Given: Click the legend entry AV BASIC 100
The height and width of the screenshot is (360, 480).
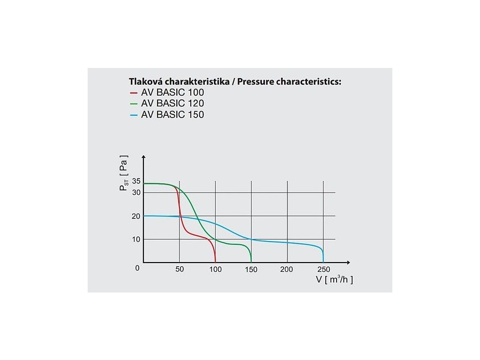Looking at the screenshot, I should pos(172,92).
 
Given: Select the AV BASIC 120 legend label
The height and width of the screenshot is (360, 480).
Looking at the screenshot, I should pos(172,103).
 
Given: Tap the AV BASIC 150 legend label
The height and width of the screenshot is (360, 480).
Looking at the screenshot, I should pos(172,114).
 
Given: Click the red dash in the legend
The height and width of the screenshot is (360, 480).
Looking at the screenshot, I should pos(134,93).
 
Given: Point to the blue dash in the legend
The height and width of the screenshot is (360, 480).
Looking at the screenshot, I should pos(134,114).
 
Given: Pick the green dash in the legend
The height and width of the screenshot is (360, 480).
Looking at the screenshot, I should pos(134,104).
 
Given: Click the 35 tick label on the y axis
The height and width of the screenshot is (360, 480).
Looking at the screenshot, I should pos(137,181).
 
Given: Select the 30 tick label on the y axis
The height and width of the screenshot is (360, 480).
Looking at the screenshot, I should pos(137,192).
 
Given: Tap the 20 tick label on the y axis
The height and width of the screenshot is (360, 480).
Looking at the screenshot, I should pos(137,216).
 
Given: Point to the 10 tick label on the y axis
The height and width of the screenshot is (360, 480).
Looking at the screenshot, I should pos(137,239).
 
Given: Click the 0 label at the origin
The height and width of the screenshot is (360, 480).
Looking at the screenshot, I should pos(137,268).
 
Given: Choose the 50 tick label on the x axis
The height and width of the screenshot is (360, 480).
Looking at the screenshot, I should pos(180,270).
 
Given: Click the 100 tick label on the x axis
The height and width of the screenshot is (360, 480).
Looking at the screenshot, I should pos(215,270).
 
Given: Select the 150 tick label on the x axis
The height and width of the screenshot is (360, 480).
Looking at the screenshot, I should pos(251,270).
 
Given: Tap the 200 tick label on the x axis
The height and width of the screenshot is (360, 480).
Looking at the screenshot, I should pos(287,270).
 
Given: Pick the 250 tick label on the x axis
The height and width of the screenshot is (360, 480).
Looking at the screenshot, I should pos(323,270).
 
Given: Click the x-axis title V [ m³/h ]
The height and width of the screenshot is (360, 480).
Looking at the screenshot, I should pos(334,280).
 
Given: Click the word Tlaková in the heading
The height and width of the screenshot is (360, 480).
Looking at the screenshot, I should pos(145,82).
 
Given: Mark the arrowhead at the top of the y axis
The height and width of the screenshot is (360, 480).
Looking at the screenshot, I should pos(144,158).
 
